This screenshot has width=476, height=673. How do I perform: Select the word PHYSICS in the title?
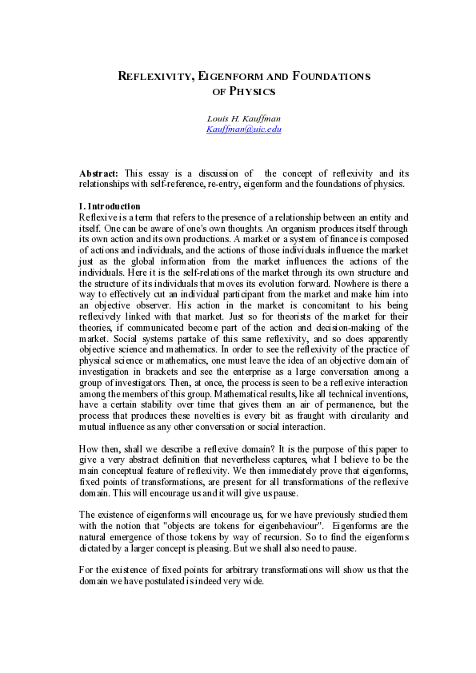(253, 91)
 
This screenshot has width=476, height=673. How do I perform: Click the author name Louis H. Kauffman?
(244, 118)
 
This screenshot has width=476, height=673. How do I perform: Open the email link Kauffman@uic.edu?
(244, 129)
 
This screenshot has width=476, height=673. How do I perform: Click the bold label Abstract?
(99, 173)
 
